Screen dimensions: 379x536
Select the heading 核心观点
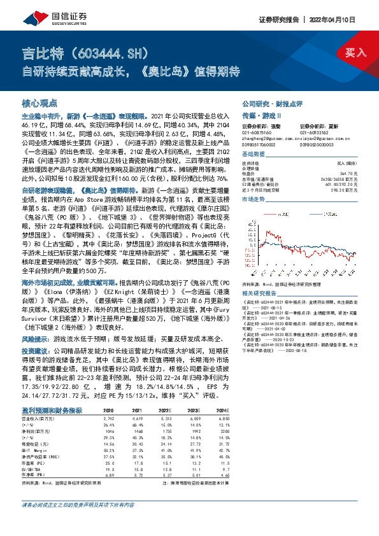click(39, 102)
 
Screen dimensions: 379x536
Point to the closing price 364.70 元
click(354, 173)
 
